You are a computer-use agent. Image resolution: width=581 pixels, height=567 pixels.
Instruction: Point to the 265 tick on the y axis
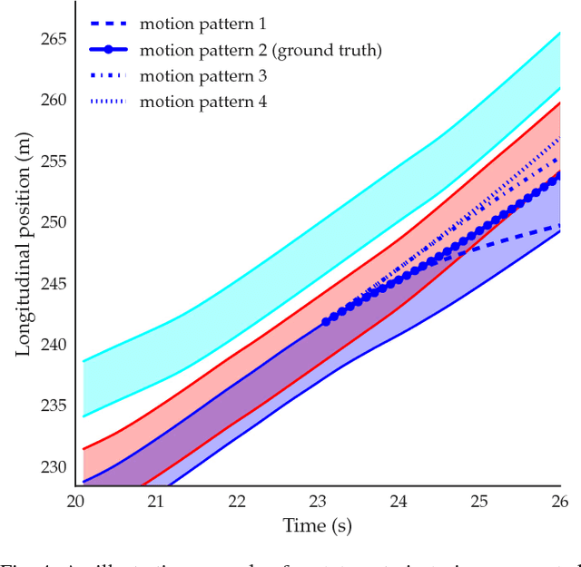click(54, 39)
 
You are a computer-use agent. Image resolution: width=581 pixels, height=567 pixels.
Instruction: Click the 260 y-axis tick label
click(54, 100)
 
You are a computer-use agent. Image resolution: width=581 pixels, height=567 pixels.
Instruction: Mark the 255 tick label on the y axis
click(54, 161)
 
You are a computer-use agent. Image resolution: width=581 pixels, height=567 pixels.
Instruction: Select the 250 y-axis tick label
click(54, 222)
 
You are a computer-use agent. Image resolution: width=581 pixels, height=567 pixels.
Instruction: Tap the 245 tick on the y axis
click(54, 284)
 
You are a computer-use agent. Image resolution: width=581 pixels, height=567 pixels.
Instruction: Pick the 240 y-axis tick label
click(54, 345)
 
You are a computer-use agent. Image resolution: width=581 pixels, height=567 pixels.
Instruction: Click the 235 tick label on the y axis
click(54, 406)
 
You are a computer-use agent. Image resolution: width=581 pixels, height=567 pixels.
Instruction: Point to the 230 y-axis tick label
click(54, 467)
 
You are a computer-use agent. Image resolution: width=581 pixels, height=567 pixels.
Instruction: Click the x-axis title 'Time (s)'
click(317, 525)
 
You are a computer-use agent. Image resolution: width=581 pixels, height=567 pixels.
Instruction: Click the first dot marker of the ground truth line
click(326, 322)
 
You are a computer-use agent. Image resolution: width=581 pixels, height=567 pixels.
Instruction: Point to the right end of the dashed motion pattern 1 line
click(559, 225)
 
